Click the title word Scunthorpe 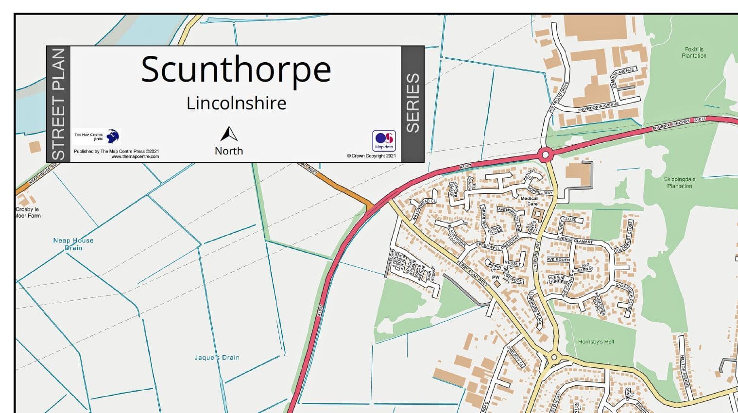point(236,69)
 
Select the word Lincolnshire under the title point(236,103)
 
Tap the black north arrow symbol point(229,134)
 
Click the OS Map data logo point(384,140)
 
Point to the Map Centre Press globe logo point(113,136)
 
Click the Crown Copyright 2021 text point(371,156)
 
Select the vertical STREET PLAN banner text point(58,104)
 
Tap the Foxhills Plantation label point(694,52)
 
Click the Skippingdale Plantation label point(679,183)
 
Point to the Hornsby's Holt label point(596,342)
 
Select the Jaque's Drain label point(217,358)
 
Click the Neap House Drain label point(73,244)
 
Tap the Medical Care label point(529,201)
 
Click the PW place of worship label point(496,277)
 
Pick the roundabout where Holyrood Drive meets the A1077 point(545,155)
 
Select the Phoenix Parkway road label point(670,124)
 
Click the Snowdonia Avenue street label point(598,107)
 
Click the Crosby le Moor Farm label point(28,212)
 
